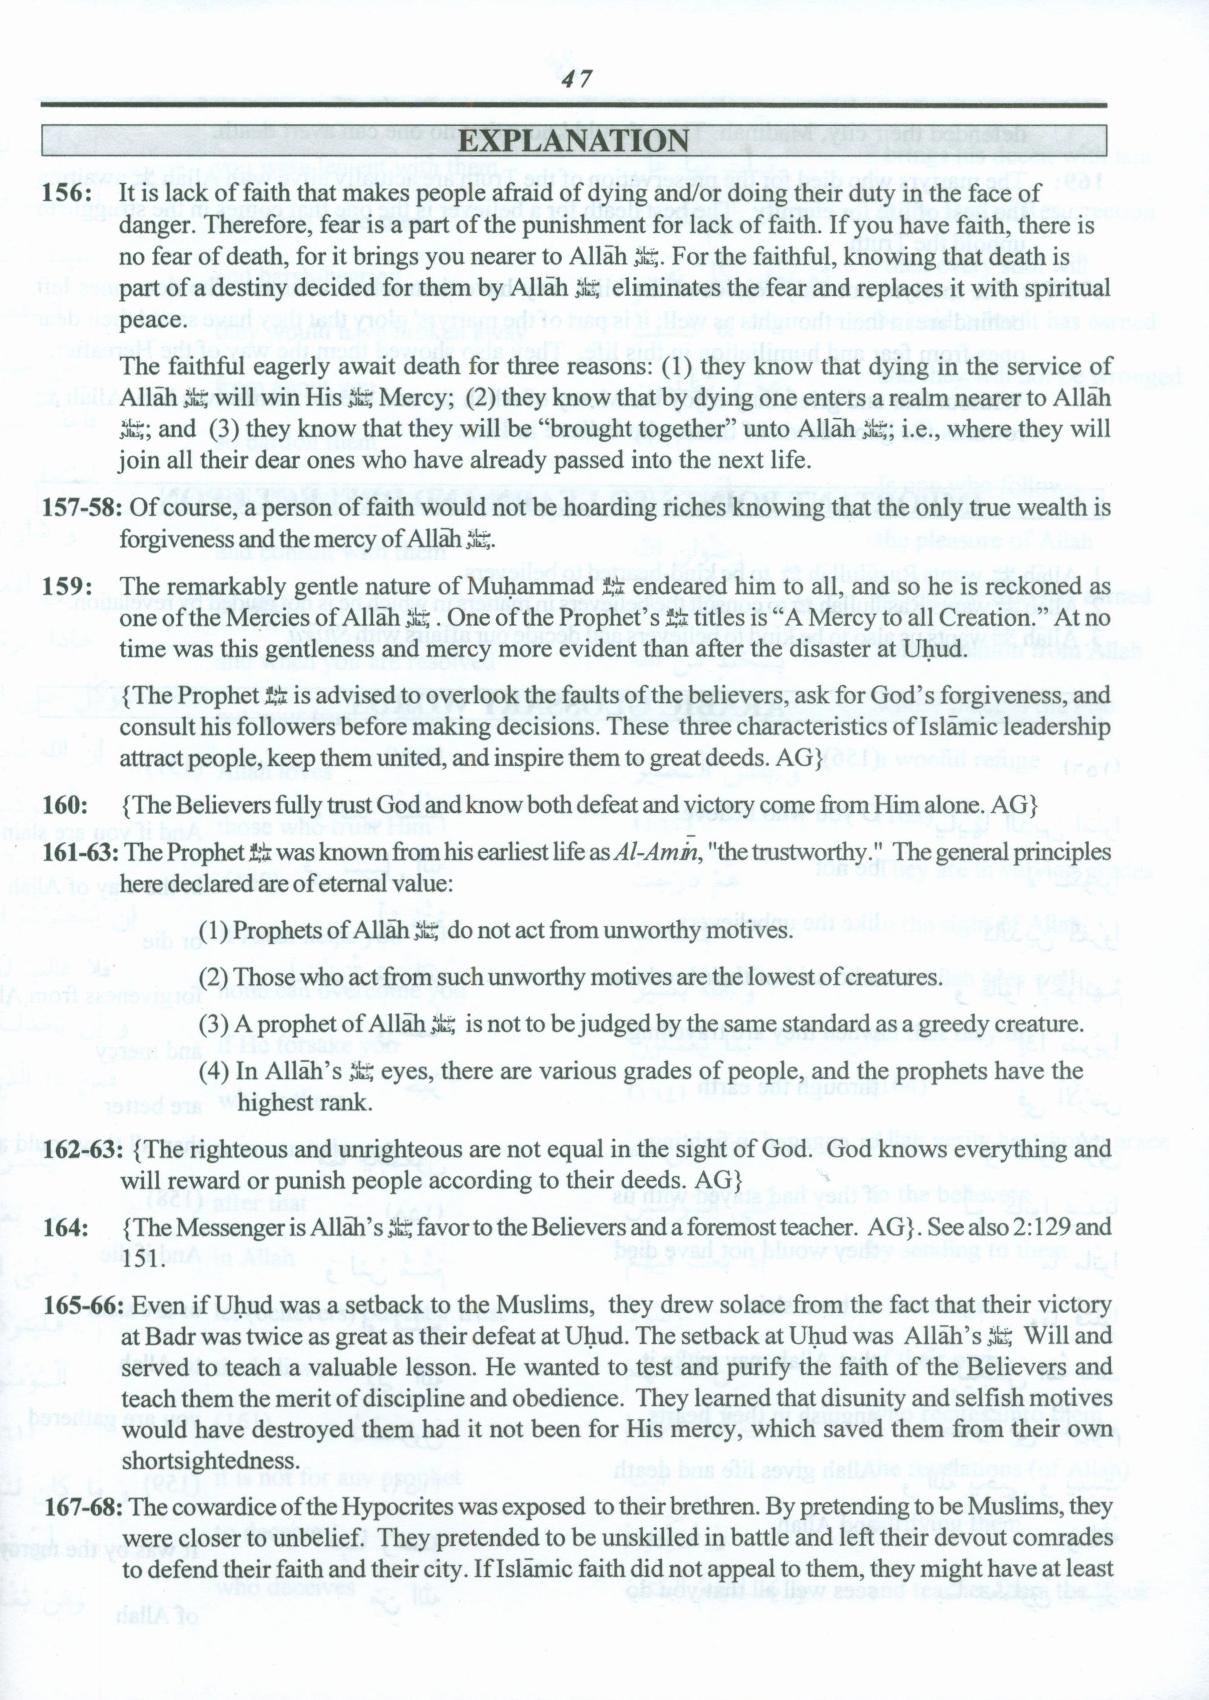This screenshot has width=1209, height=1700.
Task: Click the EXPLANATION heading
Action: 573,141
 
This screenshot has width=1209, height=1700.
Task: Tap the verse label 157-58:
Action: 83,508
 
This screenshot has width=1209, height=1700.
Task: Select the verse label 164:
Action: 65,1227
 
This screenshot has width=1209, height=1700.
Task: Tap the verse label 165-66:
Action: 83,1305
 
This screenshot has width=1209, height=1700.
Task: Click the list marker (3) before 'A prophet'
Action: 213,1025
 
